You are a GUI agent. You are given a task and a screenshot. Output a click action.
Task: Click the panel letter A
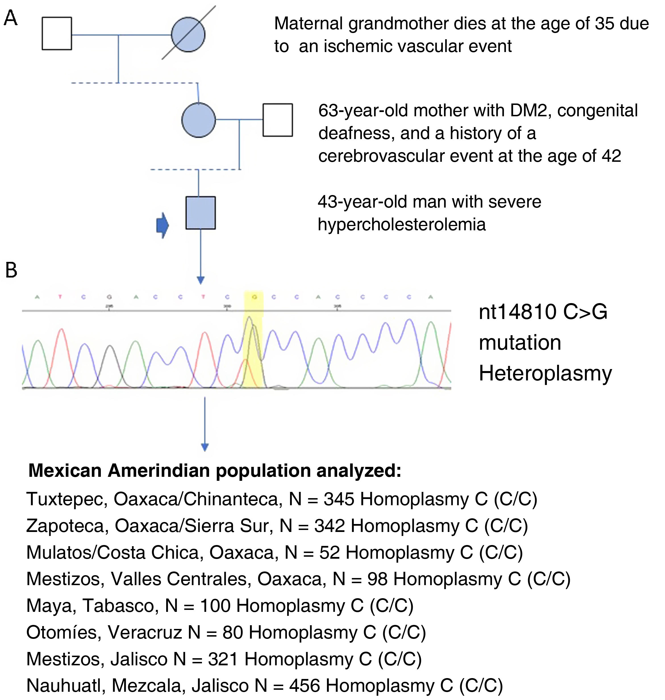click(10, 18)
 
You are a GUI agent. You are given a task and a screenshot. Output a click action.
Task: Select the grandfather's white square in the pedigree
click(57, 34)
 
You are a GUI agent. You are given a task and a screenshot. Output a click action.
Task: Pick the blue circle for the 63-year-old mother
click(199, 120)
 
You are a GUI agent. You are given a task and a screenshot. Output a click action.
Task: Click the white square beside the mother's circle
click(278, 120)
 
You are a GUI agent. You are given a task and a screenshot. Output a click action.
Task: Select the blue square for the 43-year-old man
click(201, 213)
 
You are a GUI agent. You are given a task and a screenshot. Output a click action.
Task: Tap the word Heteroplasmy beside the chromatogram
click(545, 374)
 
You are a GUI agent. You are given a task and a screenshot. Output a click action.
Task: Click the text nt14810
click(518, 312)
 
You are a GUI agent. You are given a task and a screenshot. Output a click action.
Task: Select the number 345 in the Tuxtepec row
click(339, 499)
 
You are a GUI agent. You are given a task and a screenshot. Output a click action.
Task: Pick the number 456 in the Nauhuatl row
click(305, 685)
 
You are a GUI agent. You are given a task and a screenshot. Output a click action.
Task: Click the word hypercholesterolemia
click(402, 224)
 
